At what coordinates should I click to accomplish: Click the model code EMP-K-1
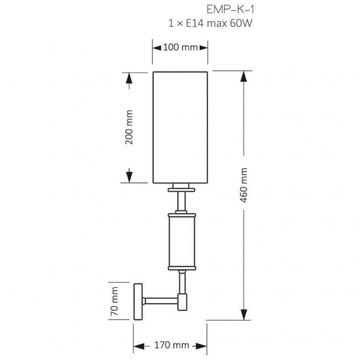(230, 10)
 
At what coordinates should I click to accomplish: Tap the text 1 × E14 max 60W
(210, 23)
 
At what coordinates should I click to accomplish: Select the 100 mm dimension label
(180, 48)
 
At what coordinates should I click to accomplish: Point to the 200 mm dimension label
(129, 127)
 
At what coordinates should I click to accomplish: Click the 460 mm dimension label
(243, 185)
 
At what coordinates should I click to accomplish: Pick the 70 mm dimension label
(114, 301)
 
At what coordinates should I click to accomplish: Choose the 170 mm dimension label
(171, 345)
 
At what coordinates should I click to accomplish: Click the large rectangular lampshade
(180, 127)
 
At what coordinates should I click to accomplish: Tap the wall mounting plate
(138, 301)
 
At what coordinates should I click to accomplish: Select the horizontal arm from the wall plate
(160, 301)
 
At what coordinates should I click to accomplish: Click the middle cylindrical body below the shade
(182, 242)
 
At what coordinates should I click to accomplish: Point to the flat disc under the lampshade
(181, 190)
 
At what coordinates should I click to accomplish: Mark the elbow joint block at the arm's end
(182, 302)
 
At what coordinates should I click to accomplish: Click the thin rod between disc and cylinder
(181, 201)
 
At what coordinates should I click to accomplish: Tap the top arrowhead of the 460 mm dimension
(243, 76)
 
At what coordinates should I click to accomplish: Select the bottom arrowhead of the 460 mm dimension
(243, 314)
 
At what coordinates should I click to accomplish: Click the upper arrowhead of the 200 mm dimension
(129, 78)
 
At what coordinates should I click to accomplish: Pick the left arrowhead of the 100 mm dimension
(157, 48)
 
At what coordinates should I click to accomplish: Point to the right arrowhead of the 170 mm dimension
(202, 346)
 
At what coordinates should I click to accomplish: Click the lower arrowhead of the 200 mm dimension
(129, 178)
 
